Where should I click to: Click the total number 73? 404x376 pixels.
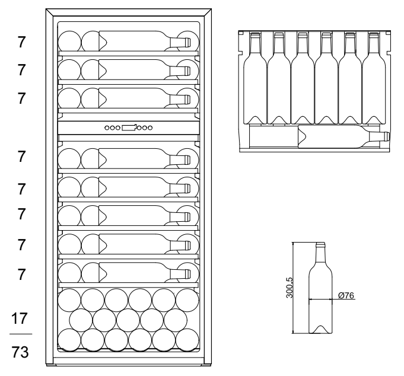click(21, 352)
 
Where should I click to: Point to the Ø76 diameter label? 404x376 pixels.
click(345, 295)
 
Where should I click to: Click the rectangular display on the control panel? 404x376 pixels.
click(129, 127)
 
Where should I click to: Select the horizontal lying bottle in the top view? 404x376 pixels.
click(314, 136)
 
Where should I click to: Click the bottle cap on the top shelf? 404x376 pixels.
click(187, 42)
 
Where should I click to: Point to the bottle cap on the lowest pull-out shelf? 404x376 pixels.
click(187, 273)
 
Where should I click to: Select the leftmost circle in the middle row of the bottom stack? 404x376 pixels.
click(81, 320)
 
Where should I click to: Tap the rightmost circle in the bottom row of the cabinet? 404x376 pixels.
click(187, 340)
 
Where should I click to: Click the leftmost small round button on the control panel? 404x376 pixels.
click(107, 127)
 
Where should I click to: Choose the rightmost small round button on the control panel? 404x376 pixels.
click(150, 127)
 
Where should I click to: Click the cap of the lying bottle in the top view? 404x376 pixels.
click(386, 136)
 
